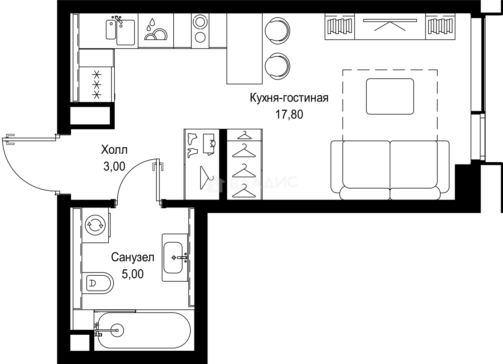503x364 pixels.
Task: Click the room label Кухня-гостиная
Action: pyautogui.click(x=289, y=98)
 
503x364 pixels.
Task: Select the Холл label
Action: pyautogui.click(x=114, y=150)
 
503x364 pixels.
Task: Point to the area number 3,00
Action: pyautogui.click(x=114, y=166)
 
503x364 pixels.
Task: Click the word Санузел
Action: pyautogui.click(x=133, y=258)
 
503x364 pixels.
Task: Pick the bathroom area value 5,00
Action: pyautogui.click(x=133, y=274)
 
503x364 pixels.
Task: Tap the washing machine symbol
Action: pyautogui.click(x=95, y=225)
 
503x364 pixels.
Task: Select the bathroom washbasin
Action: pyautogui.click(x=175, y=257)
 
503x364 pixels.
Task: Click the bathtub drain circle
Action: pyautogui.click(x=117, y=330)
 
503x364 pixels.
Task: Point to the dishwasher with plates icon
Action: pyautogui.click(x=156, y=31)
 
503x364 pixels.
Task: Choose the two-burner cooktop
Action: pyautogui.click(x=199, y=31)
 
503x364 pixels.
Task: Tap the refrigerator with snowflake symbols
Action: pyautogui.click(x=96, y=84)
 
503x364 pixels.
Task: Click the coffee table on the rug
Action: pyautogui.click(x=389, y=96)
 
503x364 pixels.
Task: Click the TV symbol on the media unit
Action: pyautogui.click(x=390, y=26)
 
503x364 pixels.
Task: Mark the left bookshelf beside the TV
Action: pyautogui.click(x=339, y=26)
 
